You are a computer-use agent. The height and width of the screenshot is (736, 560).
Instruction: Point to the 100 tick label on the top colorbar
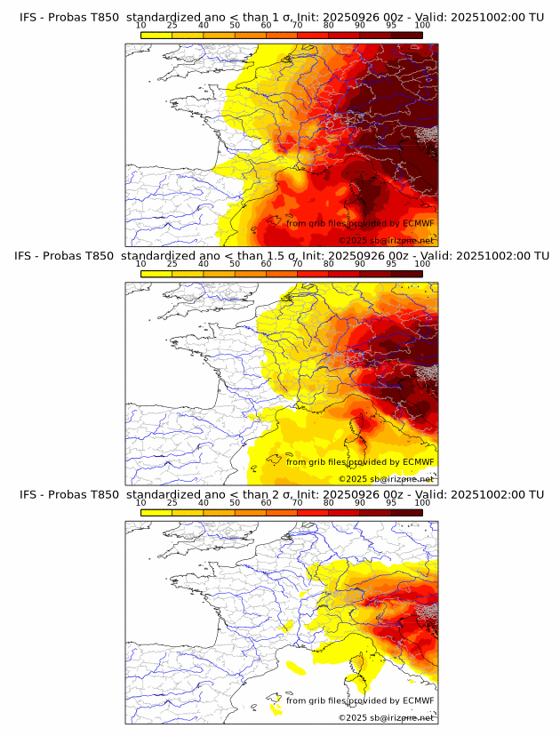(422, 26)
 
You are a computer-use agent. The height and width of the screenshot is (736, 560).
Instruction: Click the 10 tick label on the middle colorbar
(141, 264)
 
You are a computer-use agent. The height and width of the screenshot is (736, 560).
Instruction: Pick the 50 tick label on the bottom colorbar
(235, 503)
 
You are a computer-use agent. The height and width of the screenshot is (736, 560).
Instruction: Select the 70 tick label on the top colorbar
(298, 26)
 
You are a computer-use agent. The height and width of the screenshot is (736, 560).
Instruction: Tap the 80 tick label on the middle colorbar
(329, 264)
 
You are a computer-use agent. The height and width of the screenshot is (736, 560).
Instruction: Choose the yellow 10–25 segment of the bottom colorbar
(156, 512)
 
